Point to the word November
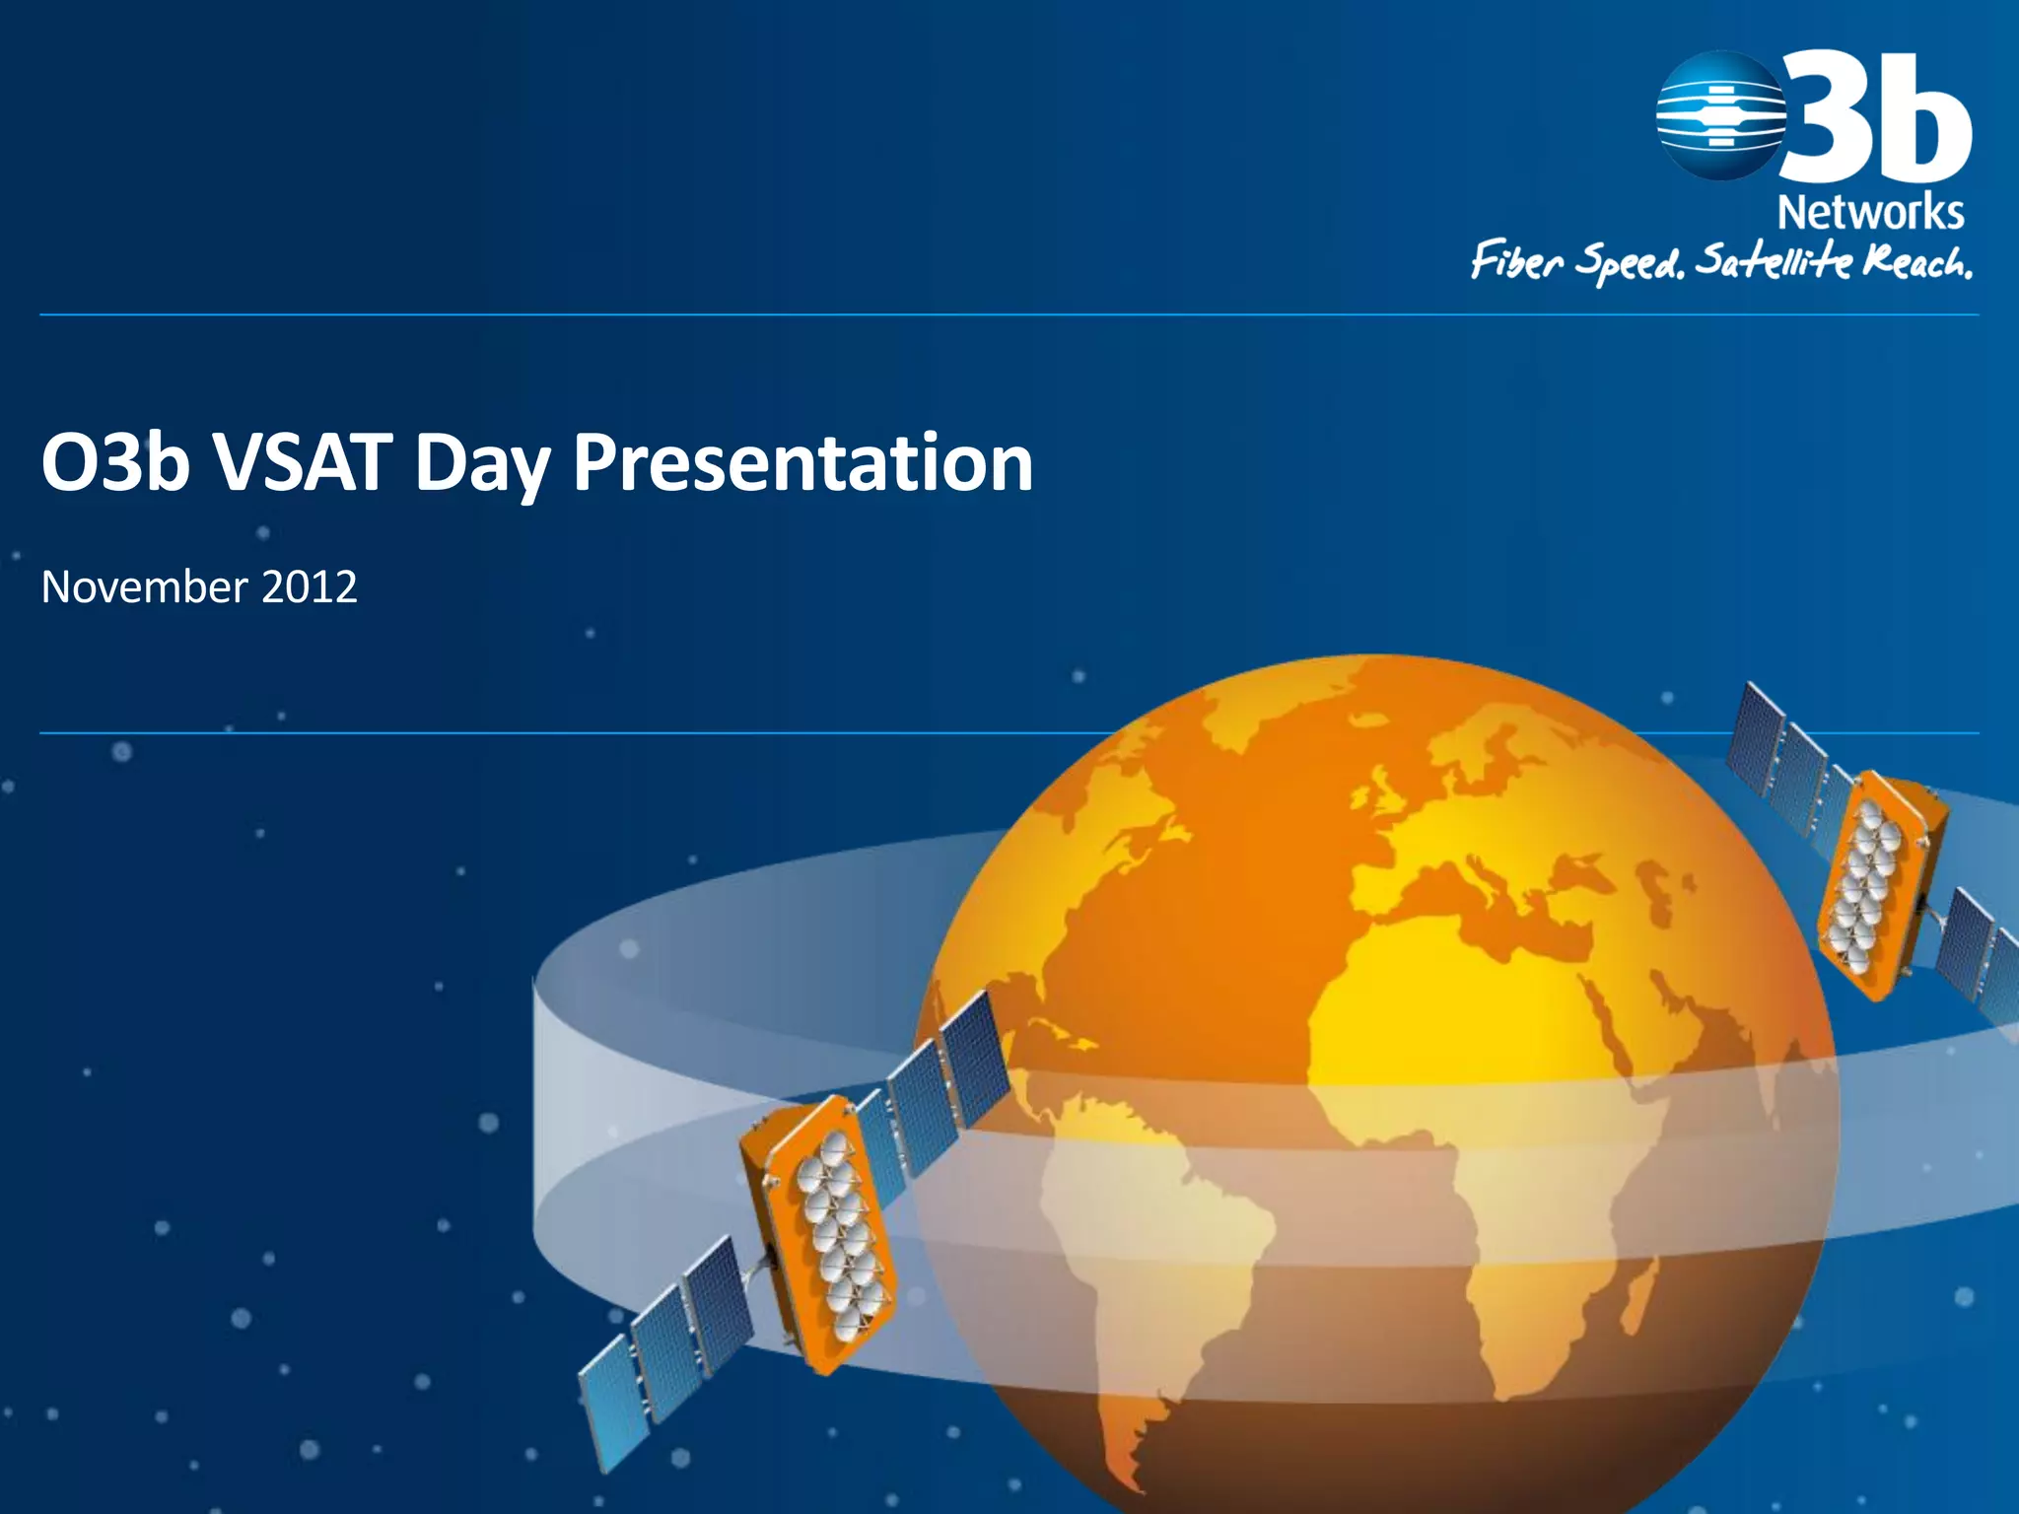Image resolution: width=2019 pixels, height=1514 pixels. (x=144, y=587)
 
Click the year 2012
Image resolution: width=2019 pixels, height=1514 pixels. (x=310, y=587)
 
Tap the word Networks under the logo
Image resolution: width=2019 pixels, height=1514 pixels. (x=1870, y=213)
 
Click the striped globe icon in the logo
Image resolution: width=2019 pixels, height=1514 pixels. (x=1720, y=116)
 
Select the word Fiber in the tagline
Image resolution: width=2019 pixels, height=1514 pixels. (x=1517, y=262)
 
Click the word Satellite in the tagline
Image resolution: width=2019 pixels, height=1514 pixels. (x=1773, y=262)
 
